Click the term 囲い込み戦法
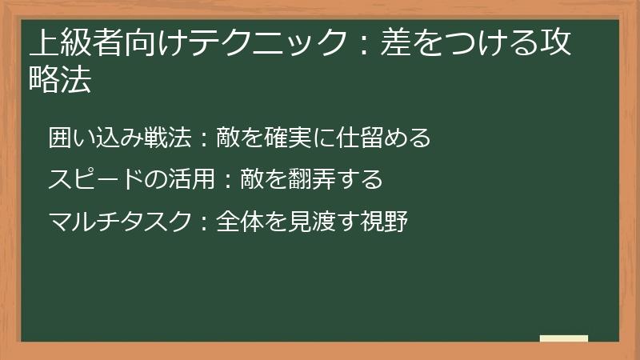(120, 138)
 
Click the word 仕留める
(386, 138)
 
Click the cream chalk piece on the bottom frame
(564, 338)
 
